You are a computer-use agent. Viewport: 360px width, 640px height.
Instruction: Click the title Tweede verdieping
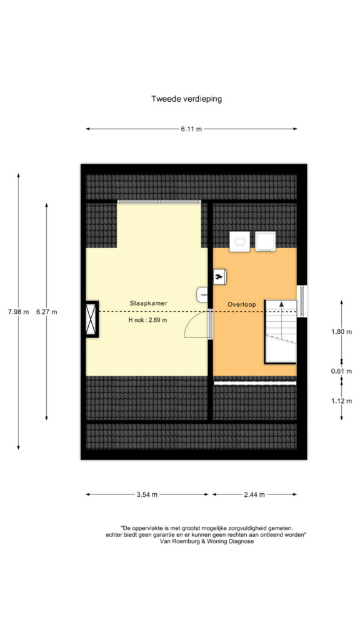[x=186, y=99]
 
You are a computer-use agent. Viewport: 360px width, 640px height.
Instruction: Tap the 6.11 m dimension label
[x=191, y=129]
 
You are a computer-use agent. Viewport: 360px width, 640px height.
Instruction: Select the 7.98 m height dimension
[x=18, y=312]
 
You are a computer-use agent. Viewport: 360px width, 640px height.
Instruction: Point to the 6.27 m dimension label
[x=46, y=312]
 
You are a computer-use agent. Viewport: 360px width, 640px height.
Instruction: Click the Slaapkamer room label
[x=149, y=303]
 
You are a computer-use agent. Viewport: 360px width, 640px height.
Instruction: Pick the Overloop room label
[x=242, y=304]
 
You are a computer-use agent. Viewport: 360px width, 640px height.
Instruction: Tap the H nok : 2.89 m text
[x=147, y=320]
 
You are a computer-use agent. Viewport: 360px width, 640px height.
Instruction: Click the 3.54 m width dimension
[x=147, y=494]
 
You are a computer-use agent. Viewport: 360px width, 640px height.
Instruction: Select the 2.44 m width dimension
[x=254, y=494]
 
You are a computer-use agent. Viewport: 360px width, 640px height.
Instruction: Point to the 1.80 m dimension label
[x=342, y=331]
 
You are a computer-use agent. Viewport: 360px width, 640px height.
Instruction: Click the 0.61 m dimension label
[x=342, y=371]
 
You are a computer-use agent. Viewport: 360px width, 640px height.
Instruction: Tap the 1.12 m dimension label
[x=342, y=401]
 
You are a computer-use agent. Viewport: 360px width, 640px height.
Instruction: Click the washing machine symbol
[x=239, y=241]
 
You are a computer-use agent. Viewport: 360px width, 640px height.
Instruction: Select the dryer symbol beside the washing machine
[x=265, y=241]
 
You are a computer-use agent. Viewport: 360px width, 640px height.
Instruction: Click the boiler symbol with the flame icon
[x=220, y=277]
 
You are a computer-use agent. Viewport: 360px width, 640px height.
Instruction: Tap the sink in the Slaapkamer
[x=203, y=295]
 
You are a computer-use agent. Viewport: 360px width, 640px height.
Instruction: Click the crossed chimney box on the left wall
[x=92, y=319]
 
